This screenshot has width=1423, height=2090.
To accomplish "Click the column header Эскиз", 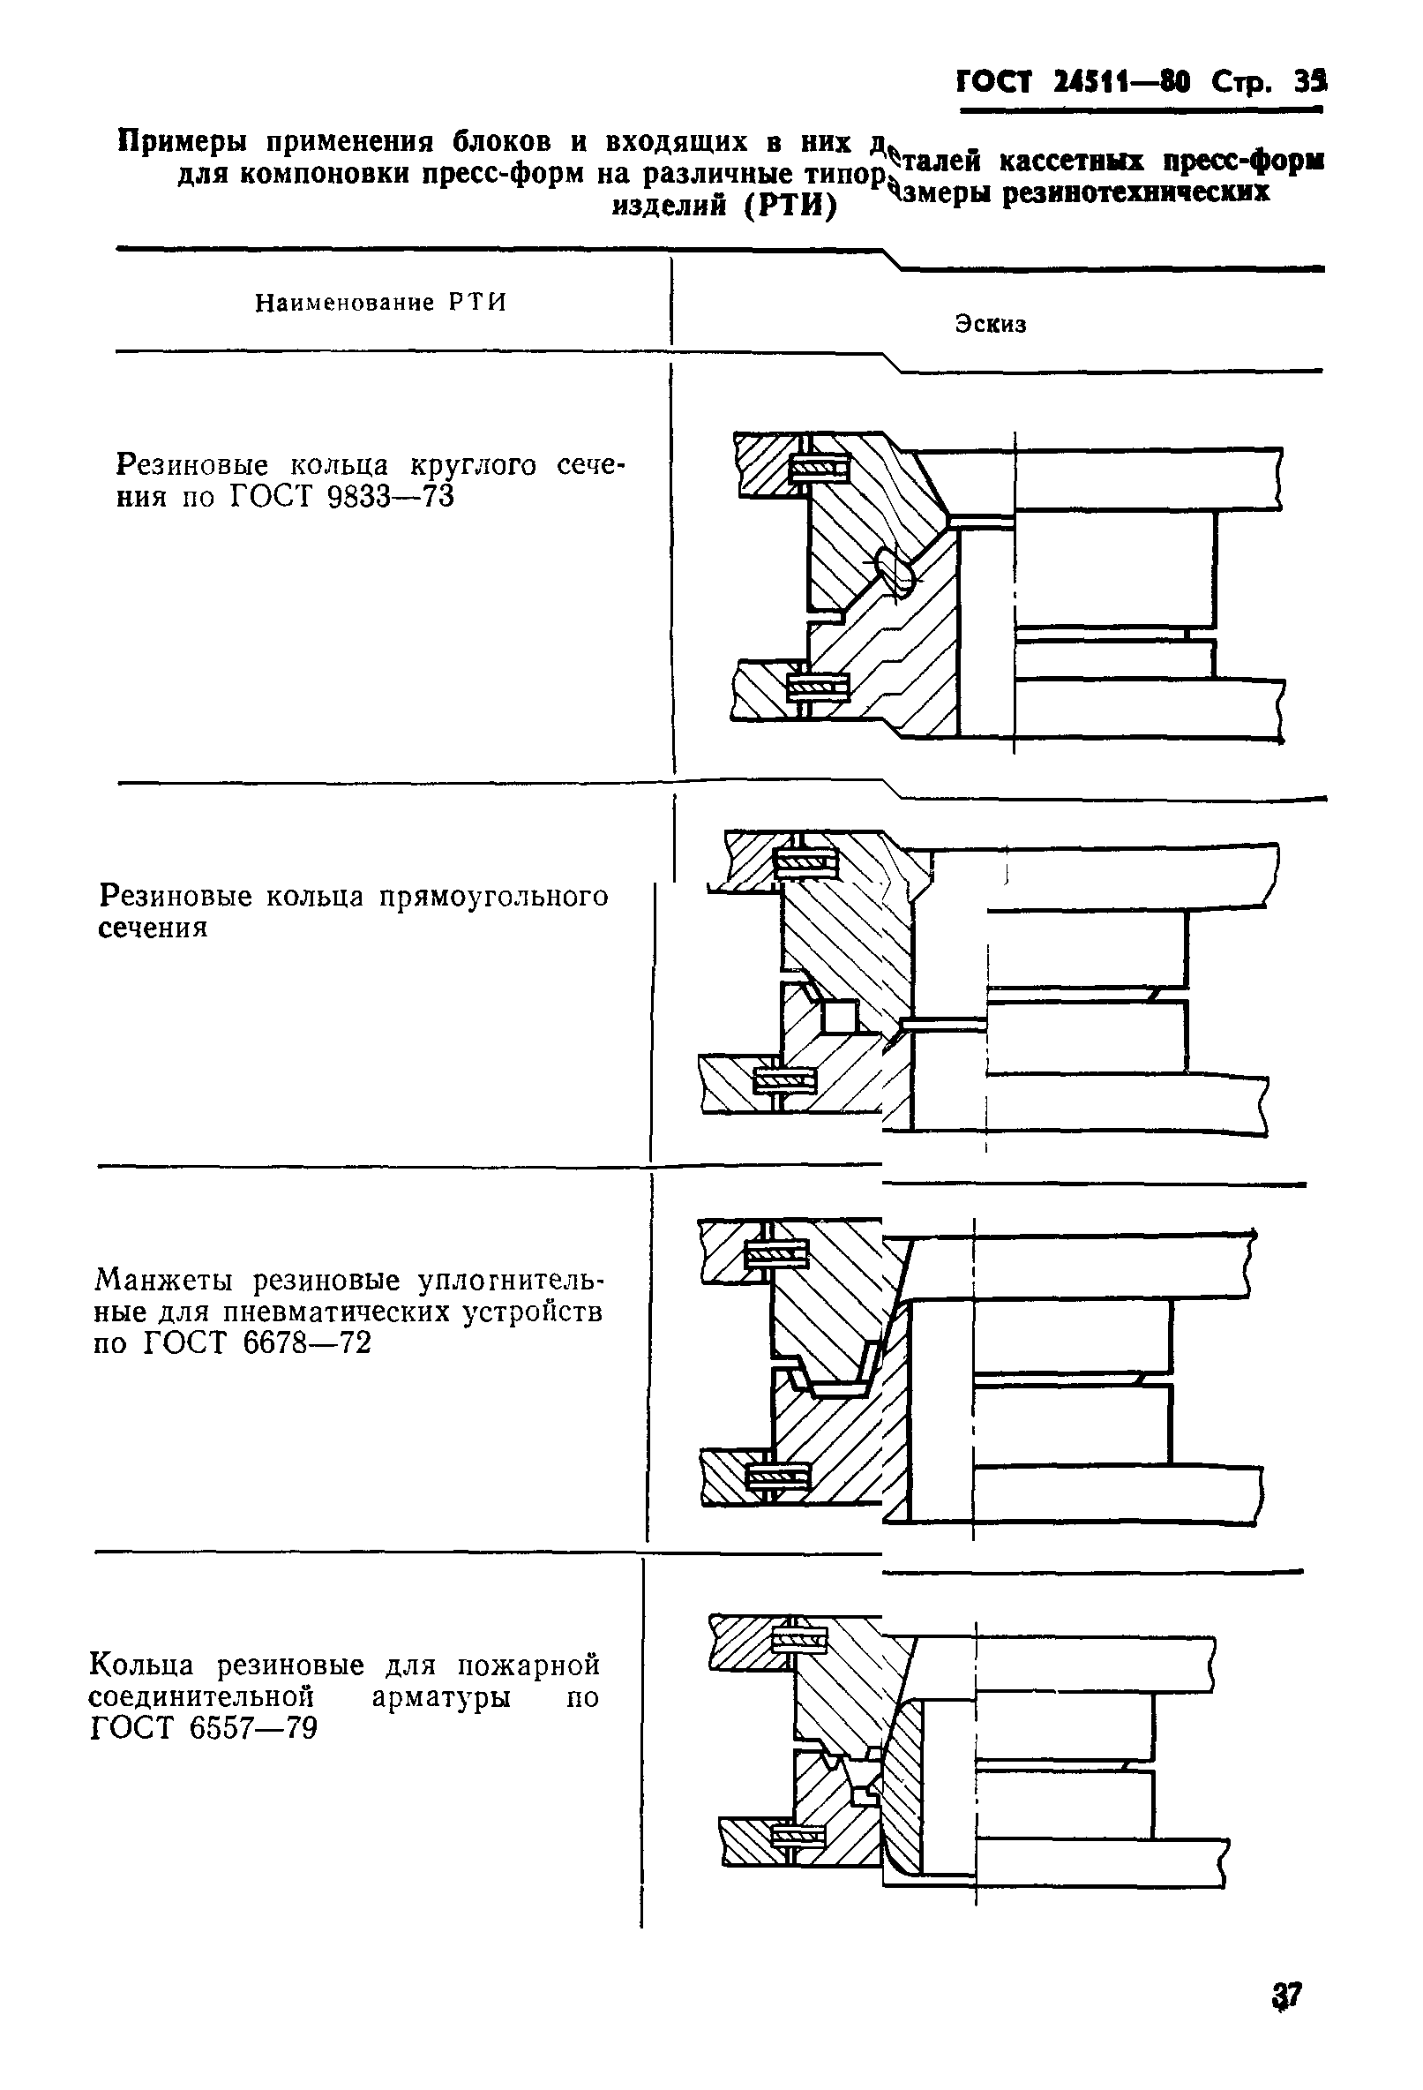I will pyautogui.click(x=990, y=325).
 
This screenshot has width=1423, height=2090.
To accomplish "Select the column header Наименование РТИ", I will pyautogui.click(x=380, y=303).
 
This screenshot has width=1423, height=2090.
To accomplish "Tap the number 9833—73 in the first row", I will pyautogui.click(x=391, y=496).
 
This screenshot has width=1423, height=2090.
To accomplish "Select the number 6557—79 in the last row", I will pyautogui.click(x=253, y=1728).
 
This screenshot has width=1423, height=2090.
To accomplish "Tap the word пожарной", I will pyautogui.click(x=528, y=1665).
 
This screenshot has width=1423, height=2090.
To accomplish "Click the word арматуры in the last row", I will pyautogui.click(x=440, y=1697).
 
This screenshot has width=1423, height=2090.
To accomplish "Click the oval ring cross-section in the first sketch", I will pyautogui.click(x=895, y=570).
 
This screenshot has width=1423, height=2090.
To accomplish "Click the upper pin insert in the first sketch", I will pyautogui.click(x=819, y=468).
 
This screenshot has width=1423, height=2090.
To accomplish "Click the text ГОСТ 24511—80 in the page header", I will pyautogui.click(x=1073, y=84).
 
